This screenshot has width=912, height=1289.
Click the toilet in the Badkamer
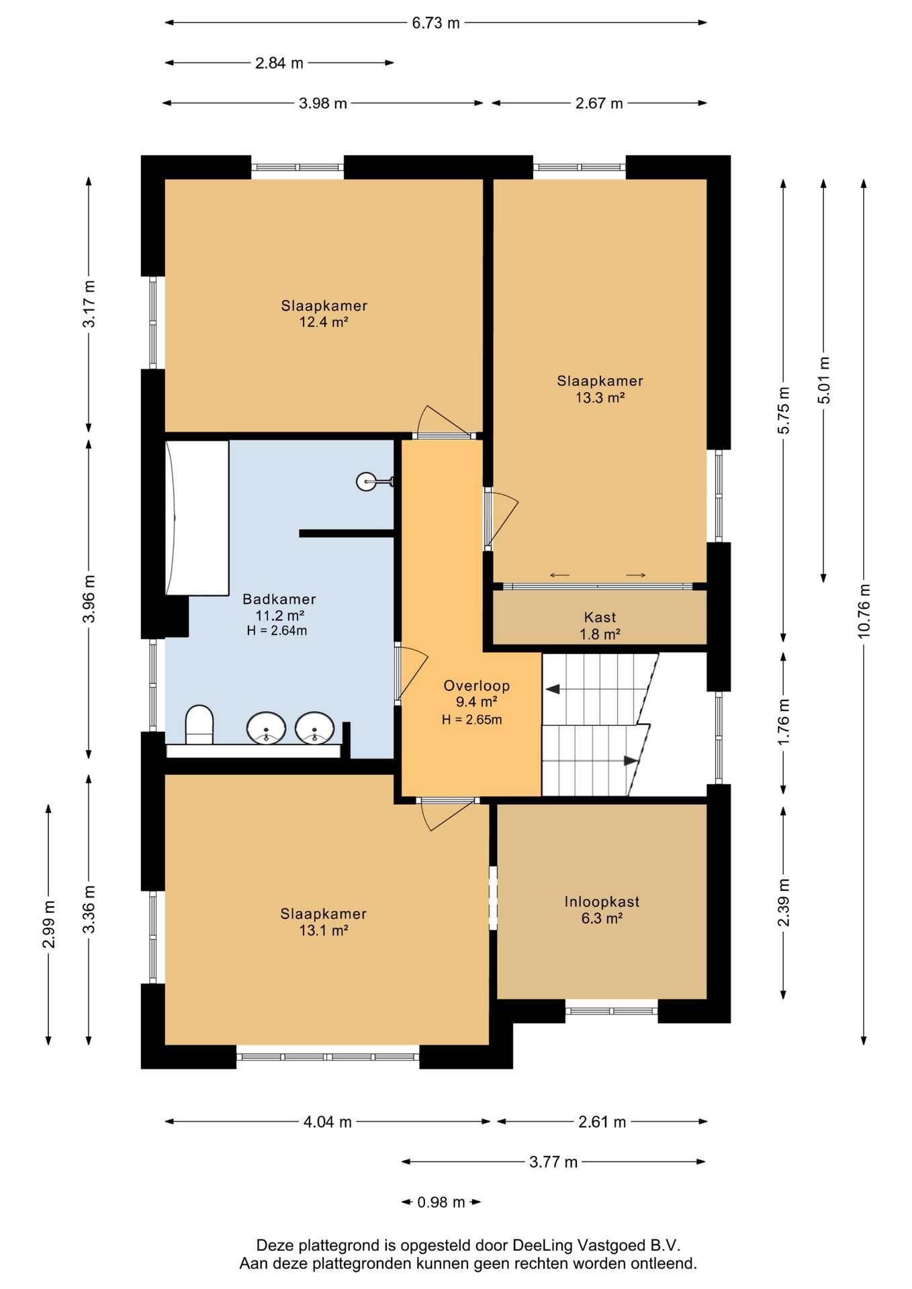pyautogui.click(x=199, y=724)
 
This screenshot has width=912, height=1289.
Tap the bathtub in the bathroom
pyautogui.click(x=197, y=518)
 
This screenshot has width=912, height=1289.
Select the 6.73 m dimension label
pyautogui.click(x=436, y=23)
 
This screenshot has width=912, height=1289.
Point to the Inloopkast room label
pyautogui.click(x=602, y=902)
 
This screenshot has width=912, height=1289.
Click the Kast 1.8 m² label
pyautogui.click(x=600, y=626)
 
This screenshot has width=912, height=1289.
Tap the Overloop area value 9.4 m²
pyautogui.click(x=476, y=702)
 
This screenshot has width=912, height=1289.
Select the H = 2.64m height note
pyautogui.click(x=277, y=631)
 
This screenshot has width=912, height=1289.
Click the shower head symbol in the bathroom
pyautogui.click(x=374, y=481)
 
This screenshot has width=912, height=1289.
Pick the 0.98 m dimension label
pyautogui.click(x=441, y=1202)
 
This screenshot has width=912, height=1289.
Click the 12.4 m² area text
pyautogui.click(x=324, y=322)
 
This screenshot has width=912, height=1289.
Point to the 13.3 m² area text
pyautogui.click(x=600, y=397)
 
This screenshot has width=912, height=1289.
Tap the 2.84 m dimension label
pyautogui.click(x=279, y=63)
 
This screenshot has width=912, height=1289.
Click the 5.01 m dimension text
pyautogui.click(x=824, y=380)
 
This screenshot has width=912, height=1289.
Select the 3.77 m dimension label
pyautogui.click(x=553, y=1162)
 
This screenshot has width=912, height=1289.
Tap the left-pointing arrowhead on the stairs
pyautogui.click(x=553, y=689)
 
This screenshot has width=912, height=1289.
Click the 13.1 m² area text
pyautogui.click(x=324, y=930)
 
